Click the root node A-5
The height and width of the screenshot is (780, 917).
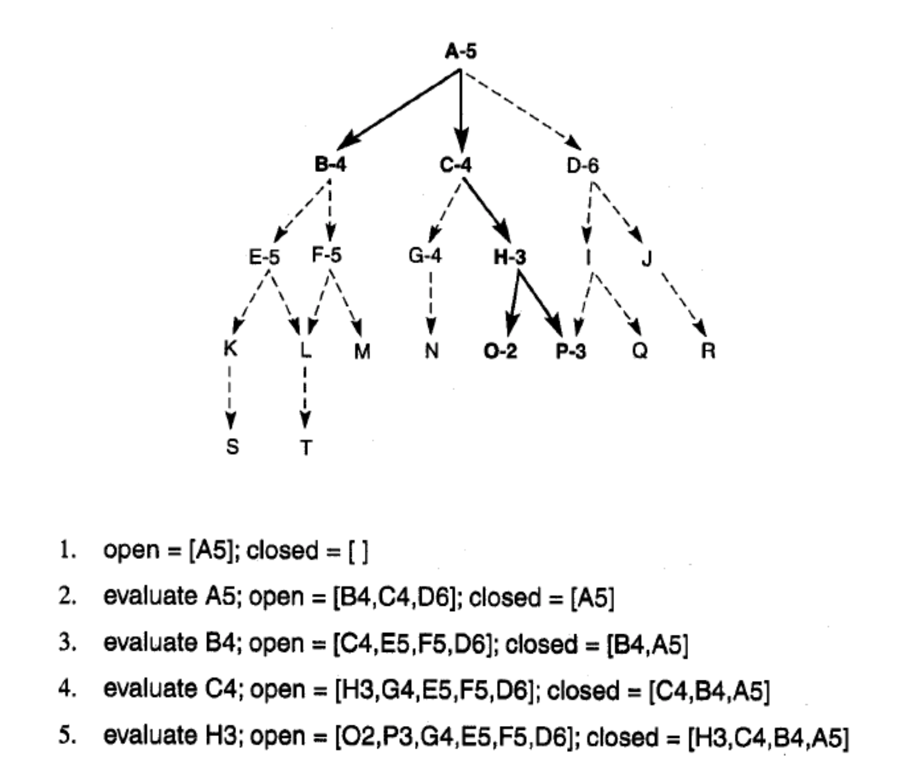[x=460, y=52]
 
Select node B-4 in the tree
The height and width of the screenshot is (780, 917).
[x=330, y=165]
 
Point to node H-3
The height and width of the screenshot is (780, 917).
[x=510, y=257]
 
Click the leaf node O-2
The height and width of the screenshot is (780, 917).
[x=500, y=351]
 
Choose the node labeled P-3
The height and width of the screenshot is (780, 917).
[x=570, y=351]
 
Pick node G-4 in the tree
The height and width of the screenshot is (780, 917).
[x=425, y=256]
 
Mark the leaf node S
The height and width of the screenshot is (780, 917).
[x=233, y=446]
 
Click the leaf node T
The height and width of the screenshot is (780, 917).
[x=305, y=447]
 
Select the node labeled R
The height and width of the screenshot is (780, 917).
[x=708, y=351]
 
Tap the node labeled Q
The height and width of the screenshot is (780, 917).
[x=640, y=351]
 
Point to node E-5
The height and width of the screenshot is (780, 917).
[x=264, y=257]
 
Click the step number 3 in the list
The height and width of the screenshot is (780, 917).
[x=68, y=642]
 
